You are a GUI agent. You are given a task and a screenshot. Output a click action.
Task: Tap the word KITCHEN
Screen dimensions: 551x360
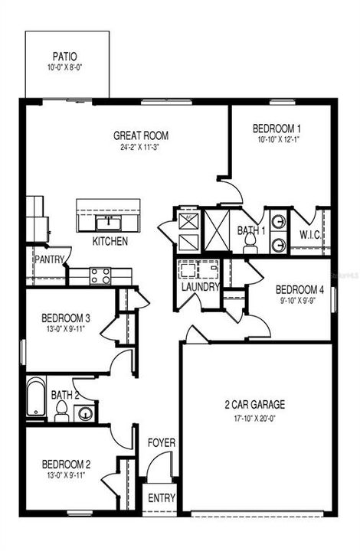(110, 241)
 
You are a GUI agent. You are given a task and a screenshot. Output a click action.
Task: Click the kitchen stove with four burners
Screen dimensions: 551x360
(101, 275)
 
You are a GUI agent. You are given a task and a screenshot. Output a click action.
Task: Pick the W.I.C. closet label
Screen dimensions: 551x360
(310, 233)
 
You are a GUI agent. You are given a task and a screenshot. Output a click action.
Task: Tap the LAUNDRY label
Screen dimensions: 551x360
(201, 288)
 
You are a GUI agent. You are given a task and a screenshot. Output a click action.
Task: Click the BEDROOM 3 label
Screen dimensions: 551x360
(67, 318)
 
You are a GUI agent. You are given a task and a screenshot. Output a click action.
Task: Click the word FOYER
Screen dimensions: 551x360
(162, 442)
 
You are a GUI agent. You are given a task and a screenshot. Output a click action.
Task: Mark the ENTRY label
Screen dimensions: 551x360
(162, 498)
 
